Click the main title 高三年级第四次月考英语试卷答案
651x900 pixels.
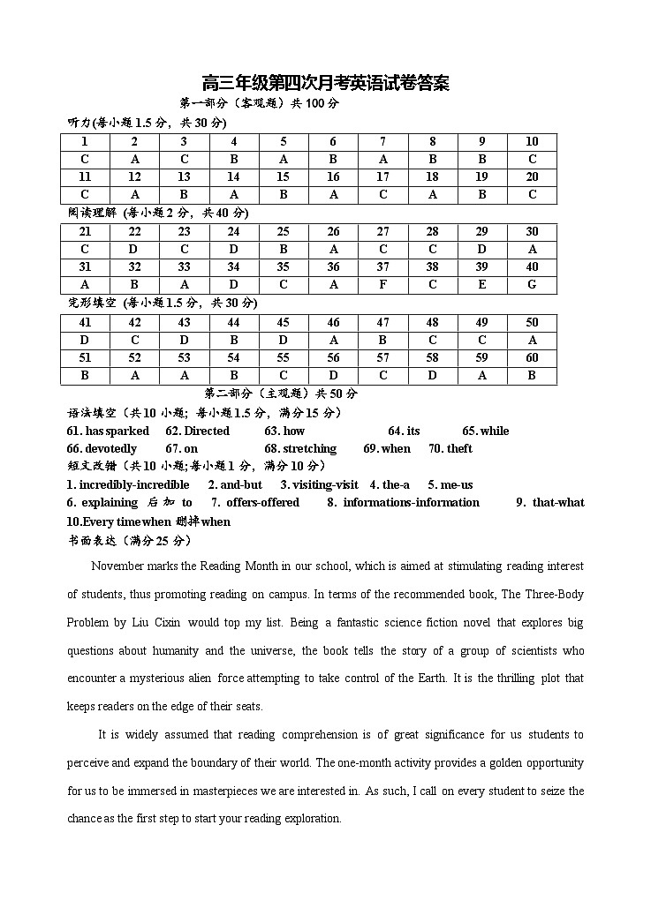click(x=326, y=84)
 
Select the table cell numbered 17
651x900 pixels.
click(x=382, y=177)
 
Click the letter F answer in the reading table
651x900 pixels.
click(x=382, y=285)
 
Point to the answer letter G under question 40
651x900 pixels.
click(x=532, y=285)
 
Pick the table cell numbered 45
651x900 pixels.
click(x=284, y=323)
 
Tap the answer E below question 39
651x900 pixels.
click(x=482, y=285)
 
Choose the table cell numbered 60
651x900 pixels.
click(x=532, y=358)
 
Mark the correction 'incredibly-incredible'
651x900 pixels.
click(x=128, y=484)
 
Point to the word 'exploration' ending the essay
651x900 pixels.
click(x=312, y=818)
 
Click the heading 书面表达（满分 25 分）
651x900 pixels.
click(x=129, y=539)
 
